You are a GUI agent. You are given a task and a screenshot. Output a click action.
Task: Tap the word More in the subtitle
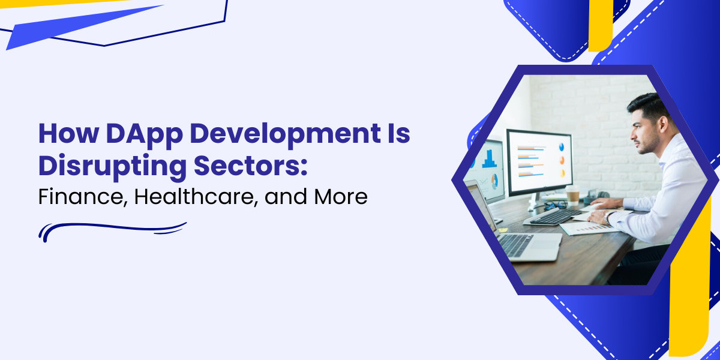pos(338,196)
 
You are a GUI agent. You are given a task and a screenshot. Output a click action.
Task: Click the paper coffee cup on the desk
pos(572,195)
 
